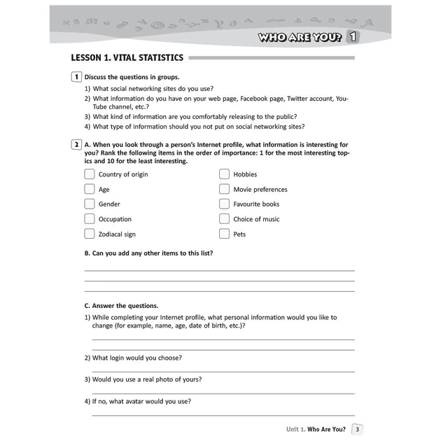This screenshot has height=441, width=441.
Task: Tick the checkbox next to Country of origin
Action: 90,174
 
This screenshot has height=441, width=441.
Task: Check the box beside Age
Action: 90,189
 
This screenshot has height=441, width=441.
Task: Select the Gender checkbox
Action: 90,204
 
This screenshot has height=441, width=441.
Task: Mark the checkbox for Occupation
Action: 90,219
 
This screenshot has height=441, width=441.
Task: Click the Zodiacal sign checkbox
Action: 90,234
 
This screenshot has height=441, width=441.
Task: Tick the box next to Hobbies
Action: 224,174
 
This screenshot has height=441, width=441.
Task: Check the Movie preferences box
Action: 224,189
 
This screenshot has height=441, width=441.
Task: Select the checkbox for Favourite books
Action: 224,204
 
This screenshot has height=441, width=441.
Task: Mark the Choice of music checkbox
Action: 224,219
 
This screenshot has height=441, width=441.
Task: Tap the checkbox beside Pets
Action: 224,234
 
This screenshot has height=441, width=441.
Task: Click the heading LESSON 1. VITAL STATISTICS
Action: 127,58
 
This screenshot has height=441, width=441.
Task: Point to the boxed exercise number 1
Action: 76,77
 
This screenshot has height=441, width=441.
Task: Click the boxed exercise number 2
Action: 76,145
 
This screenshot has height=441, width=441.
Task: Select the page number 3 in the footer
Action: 358,429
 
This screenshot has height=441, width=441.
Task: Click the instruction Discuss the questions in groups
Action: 132,77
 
